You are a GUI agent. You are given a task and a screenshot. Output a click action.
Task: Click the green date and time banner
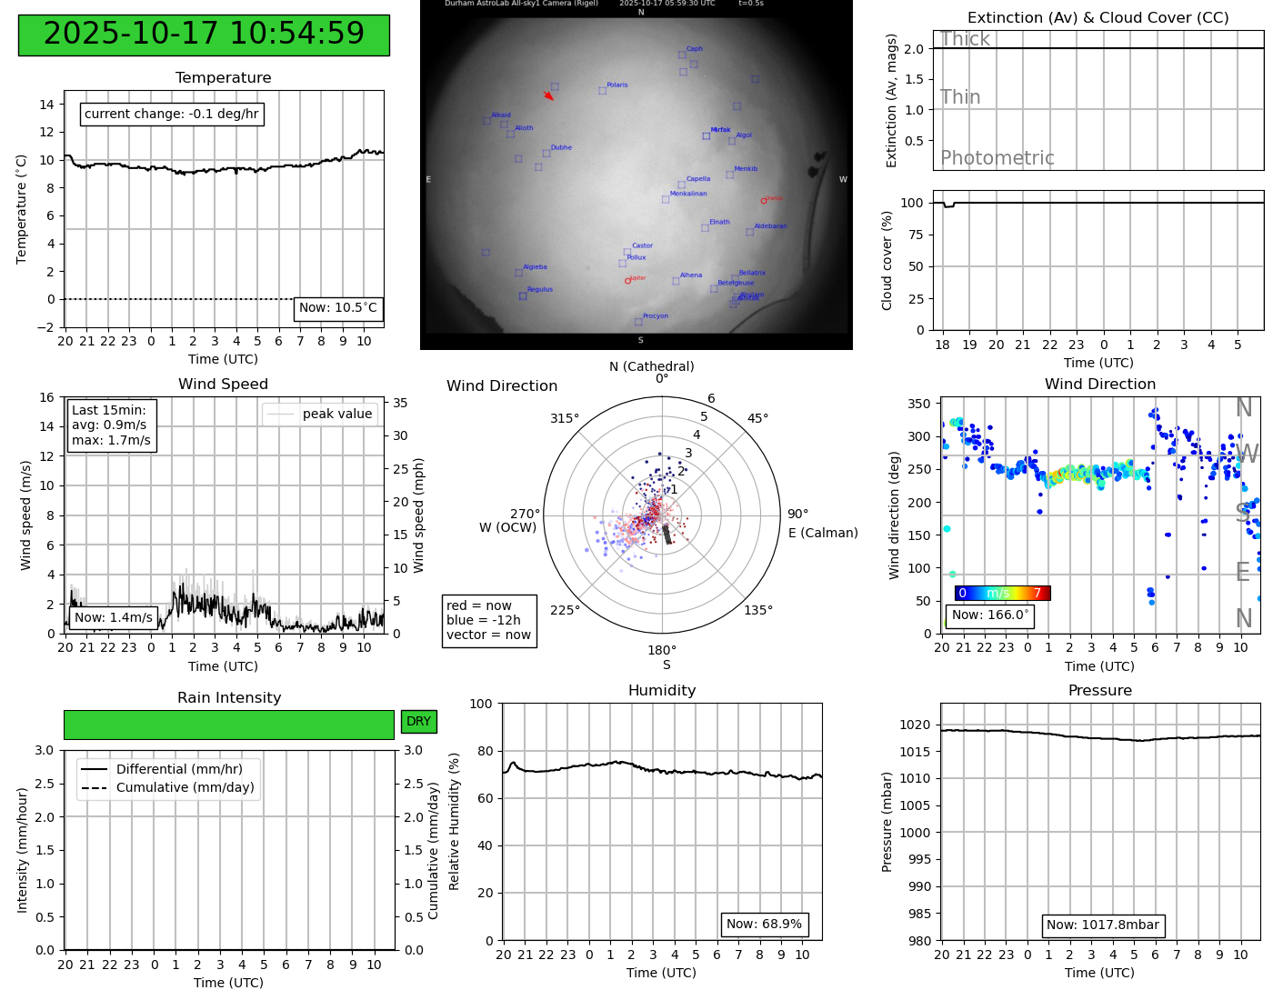204,35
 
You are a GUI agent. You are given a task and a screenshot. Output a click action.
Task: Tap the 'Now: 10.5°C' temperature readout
338,308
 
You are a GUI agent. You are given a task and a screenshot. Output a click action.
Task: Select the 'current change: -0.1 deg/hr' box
172,115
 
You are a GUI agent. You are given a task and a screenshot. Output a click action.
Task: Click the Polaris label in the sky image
616,85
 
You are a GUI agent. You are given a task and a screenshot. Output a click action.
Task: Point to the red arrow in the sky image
548,95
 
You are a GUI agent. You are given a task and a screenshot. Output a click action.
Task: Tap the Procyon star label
655,316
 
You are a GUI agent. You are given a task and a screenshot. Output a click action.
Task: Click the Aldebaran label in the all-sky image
770,226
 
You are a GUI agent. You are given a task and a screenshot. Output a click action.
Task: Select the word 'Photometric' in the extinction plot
997,158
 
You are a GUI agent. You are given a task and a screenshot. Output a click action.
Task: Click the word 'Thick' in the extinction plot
965,39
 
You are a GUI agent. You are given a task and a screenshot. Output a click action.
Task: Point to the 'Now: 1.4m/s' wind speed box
113,617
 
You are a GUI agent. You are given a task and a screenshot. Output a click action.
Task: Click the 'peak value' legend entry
336,414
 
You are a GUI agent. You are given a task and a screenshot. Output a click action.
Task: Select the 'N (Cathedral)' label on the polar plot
651,366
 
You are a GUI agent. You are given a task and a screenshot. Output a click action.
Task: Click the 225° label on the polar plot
565,610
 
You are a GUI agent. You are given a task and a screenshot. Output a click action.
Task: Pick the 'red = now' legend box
488,620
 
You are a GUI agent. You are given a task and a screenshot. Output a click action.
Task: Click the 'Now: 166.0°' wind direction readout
989,615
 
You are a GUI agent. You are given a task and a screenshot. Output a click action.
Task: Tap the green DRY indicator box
418,722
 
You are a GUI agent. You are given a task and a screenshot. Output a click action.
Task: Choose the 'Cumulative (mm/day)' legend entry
185,788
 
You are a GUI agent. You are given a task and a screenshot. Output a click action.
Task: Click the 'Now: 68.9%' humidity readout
764,925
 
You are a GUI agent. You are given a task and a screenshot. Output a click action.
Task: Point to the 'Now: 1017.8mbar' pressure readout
1102,925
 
